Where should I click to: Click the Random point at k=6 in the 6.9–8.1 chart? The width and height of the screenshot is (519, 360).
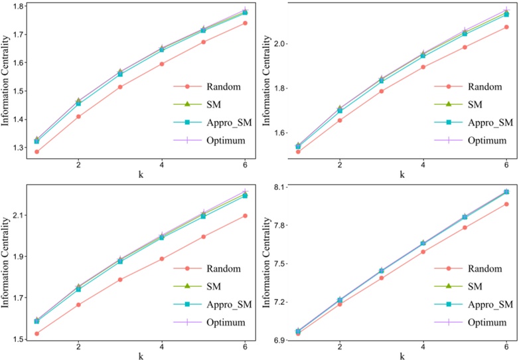click(x=506, y=204)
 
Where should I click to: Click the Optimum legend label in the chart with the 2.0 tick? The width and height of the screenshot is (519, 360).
click(x=492, y=140)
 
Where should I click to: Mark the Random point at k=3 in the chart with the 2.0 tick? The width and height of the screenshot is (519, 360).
click(x=381, y=91)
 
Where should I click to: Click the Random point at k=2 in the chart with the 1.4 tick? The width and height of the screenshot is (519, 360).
click(x=78, y=116)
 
